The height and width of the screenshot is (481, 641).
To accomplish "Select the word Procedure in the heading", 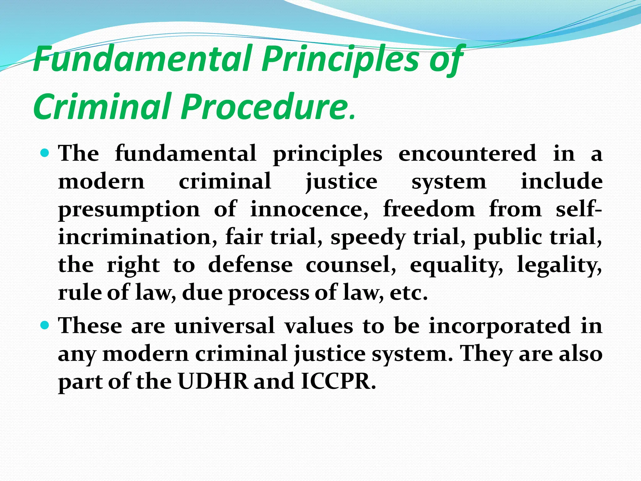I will click(x=263, y=106).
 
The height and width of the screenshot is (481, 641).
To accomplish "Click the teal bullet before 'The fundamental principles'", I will click(x=46, y=153).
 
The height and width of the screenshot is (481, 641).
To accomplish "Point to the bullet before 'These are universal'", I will click(x=46, y=325).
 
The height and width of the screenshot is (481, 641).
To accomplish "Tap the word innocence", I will click(x=309, y=209).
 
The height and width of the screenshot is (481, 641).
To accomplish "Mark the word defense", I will click(x=250, y=265).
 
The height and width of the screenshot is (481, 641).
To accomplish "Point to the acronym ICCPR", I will click(x=338, y=381).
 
